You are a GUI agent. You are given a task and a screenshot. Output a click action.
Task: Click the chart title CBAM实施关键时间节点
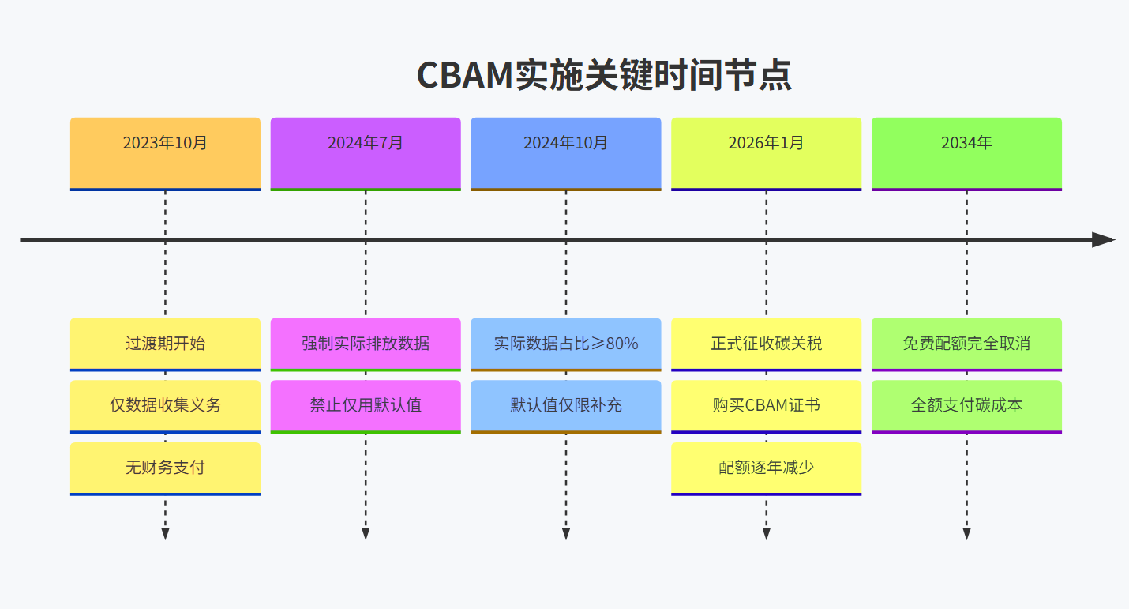tap(604, 75)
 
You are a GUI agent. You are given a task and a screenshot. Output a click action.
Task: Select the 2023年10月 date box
tap(165, 152)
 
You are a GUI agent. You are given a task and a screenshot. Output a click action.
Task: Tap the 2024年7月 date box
tap(366, 152)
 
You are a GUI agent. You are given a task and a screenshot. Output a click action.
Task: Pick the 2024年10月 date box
tap(565, 152)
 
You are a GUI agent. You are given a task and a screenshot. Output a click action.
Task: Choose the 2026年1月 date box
tap(766, 152)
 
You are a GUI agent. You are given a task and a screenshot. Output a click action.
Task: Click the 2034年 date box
tap(966, 152)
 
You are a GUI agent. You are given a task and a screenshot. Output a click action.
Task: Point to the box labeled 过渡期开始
tap(165, 344)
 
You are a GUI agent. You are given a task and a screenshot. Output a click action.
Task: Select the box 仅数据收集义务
tap(165, 405)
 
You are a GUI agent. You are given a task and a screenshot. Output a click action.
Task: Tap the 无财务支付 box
tap(165, 468)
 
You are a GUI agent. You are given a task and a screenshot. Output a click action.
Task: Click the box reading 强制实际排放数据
tap(366, 344)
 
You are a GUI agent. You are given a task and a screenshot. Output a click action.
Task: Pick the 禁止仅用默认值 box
tap(366, 405)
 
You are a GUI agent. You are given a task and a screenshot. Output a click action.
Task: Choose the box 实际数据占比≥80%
tap(565, 344)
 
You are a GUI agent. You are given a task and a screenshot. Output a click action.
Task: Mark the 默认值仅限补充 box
tap(565, 405)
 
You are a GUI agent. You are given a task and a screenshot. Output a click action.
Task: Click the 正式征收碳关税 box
tap(766, 344)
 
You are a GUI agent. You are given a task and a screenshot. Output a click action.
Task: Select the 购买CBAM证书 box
tap(766, 405)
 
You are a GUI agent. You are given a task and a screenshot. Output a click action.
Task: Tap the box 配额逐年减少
tap(766, 468)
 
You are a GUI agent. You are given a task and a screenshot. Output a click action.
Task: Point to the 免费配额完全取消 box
tap(966, 344)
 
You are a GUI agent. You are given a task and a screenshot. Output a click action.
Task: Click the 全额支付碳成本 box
tap(966, 405)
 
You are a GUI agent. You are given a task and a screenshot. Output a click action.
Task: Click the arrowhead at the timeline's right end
tap(1103, 239)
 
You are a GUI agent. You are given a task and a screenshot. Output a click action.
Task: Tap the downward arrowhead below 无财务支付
tap(165, 534)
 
